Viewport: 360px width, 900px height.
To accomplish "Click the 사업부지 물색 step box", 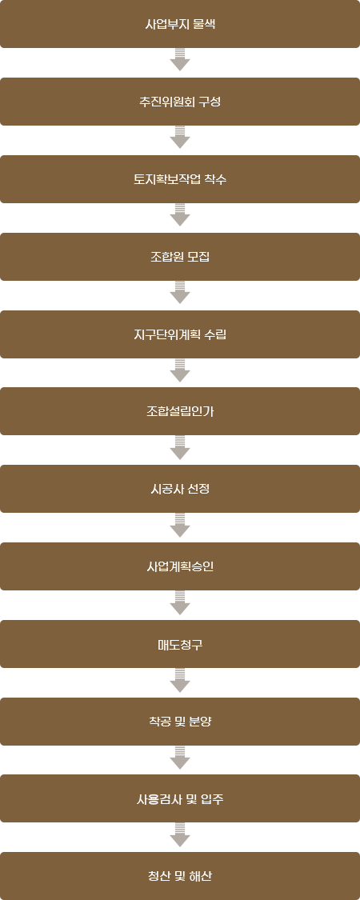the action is [180, 24].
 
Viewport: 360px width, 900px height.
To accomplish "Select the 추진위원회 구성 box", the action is [180, 102].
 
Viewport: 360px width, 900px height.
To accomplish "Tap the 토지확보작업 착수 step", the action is [180, 179].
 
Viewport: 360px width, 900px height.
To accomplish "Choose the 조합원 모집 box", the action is [180, 257].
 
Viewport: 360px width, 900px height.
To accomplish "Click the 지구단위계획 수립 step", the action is [180, 334].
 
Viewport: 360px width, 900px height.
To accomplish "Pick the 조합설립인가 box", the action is [180, 411].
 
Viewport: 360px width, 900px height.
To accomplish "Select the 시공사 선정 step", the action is [180, 489].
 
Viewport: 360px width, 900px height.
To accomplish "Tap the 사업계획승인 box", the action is [180, 566].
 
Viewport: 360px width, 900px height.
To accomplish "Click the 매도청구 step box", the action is [180, 643].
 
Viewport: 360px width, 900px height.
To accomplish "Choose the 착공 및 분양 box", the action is [180, 721].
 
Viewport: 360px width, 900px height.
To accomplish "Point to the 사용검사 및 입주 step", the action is [180, 798].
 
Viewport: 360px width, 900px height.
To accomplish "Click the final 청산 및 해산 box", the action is [180, 876].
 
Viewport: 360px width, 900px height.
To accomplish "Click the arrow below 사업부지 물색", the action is [180, 60].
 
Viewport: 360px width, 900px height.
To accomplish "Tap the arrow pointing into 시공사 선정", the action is [180, 447].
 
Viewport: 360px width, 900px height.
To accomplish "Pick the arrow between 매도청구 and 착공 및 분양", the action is [180, 680].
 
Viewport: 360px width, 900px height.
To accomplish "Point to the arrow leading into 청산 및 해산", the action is [180, 835].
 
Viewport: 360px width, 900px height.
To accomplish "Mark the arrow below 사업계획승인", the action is [180, 602].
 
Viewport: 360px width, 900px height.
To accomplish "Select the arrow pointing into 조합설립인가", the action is [180, 370].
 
